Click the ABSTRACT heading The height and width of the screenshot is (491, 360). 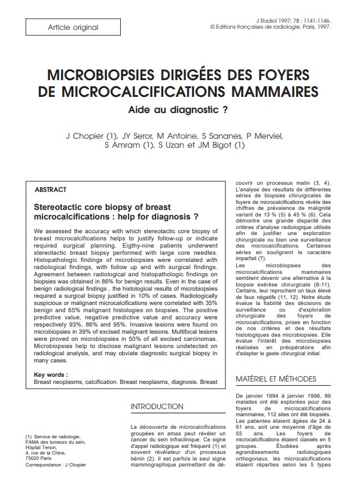point(51,189)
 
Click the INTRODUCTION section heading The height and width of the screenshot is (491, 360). point(156,407)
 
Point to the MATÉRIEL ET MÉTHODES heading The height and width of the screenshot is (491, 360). point(276,379)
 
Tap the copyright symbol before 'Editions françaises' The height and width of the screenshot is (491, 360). point(213,27)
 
